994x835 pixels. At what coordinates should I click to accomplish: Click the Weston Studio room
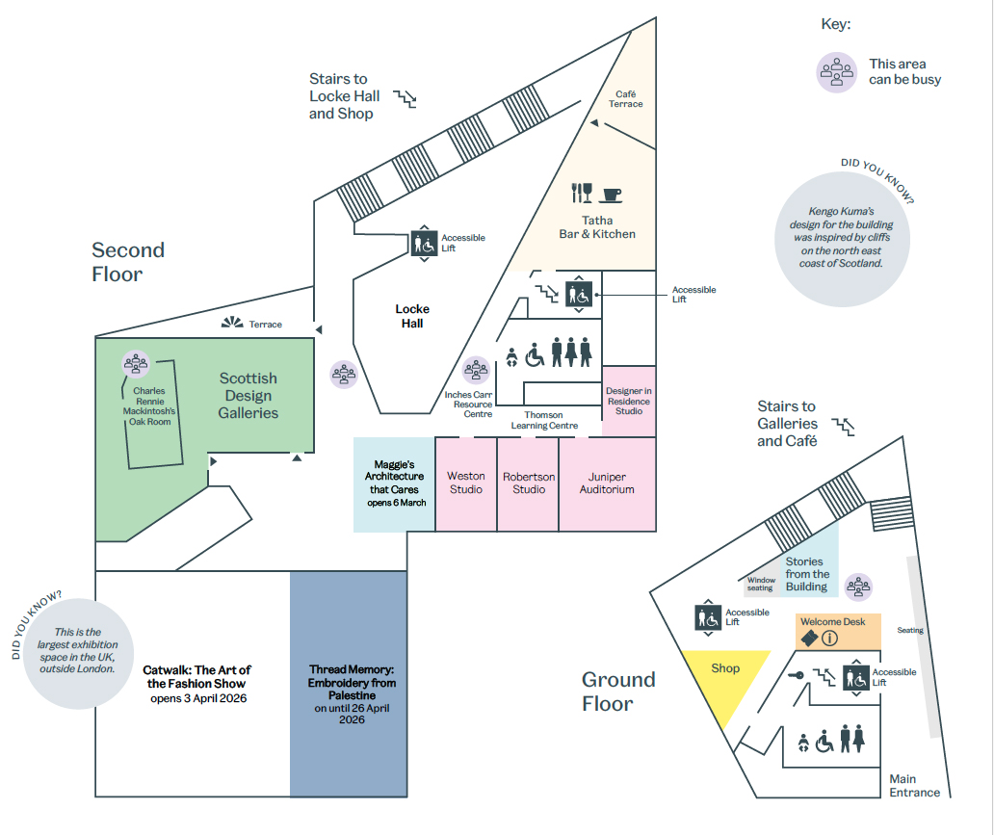click(465, 483)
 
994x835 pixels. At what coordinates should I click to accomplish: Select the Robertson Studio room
click(528, 483)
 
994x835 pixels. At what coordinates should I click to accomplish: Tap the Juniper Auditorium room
click(607, 483)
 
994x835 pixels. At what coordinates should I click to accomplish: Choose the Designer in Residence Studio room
click(629, 401)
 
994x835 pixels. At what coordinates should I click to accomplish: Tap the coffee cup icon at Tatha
click(611, 195)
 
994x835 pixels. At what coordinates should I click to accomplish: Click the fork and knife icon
click(583, 193)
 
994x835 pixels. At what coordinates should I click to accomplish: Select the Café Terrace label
click(626, 98)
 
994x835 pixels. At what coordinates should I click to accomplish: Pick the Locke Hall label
click(412, 316)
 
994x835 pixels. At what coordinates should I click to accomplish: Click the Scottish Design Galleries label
click(248, 396)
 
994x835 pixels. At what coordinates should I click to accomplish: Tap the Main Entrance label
click(914, 786)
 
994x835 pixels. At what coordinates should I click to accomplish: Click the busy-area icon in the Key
click(837, 72)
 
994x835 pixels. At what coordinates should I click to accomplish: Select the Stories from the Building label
click(806, 574)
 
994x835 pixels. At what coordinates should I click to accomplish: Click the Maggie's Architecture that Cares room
click(393, 483)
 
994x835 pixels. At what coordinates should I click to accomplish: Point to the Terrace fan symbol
click(231, 323)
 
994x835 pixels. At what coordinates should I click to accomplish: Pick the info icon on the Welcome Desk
click(829, 638)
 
